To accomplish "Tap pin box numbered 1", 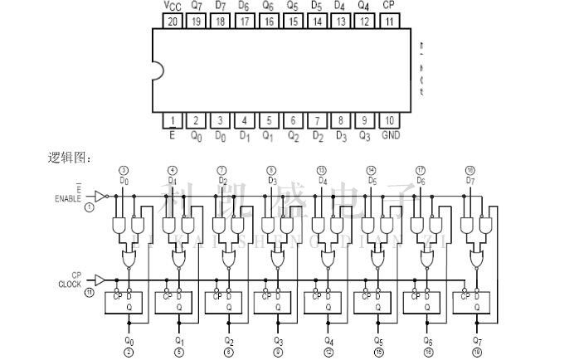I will [x=172, y=121].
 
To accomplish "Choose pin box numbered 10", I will [x=389, y=121].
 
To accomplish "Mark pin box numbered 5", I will [x=268, y=121].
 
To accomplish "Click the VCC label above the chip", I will [x=172, y=6].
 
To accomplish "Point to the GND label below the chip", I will [x=390, y=136].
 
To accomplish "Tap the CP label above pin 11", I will [x=389, y=6].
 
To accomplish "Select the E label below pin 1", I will [x=172, y=136].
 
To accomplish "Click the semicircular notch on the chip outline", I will [x=155, y=71].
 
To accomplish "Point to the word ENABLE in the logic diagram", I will [x=69, y=199].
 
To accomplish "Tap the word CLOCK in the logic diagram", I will [x=70, y=285].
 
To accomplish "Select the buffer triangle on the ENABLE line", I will [x=100, y=197].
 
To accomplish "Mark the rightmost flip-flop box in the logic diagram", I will [x=471, y=303].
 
